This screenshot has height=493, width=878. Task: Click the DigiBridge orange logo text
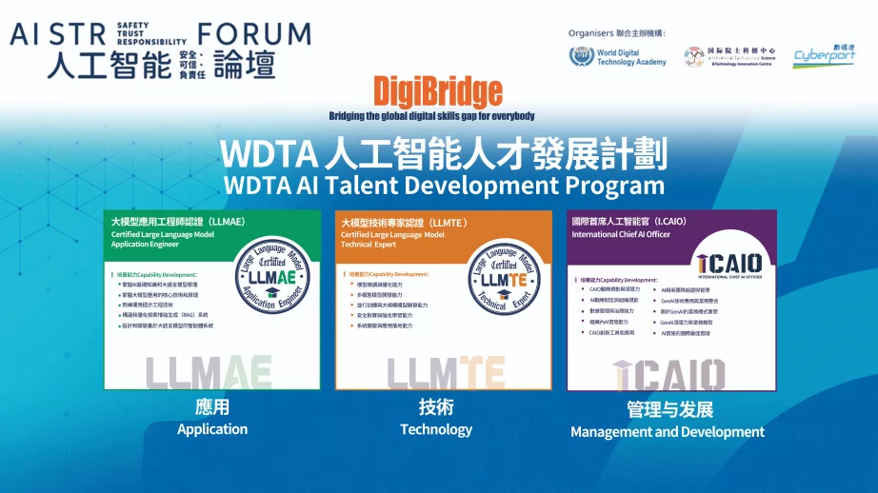pos(437,91)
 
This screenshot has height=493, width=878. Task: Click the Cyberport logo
pos(824,58)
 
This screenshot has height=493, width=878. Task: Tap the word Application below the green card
pos(212,429)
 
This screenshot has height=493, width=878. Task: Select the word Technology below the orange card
pos(436,429)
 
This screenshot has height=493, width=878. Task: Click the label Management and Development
pos(667,432)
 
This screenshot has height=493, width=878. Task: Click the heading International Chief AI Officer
pos(620,234)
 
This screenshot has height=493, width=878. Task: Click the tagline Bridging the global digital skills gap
pos(431,116)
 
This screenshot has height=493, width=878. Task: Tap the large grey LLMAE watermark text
pos(210,372)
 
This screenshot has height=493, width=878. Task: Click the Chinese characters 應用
pos(211,407)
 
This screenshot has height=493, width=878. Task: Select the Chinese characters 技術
pos(436,407)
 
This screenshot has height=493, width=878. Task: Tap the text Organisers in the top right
pos(591,32)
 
